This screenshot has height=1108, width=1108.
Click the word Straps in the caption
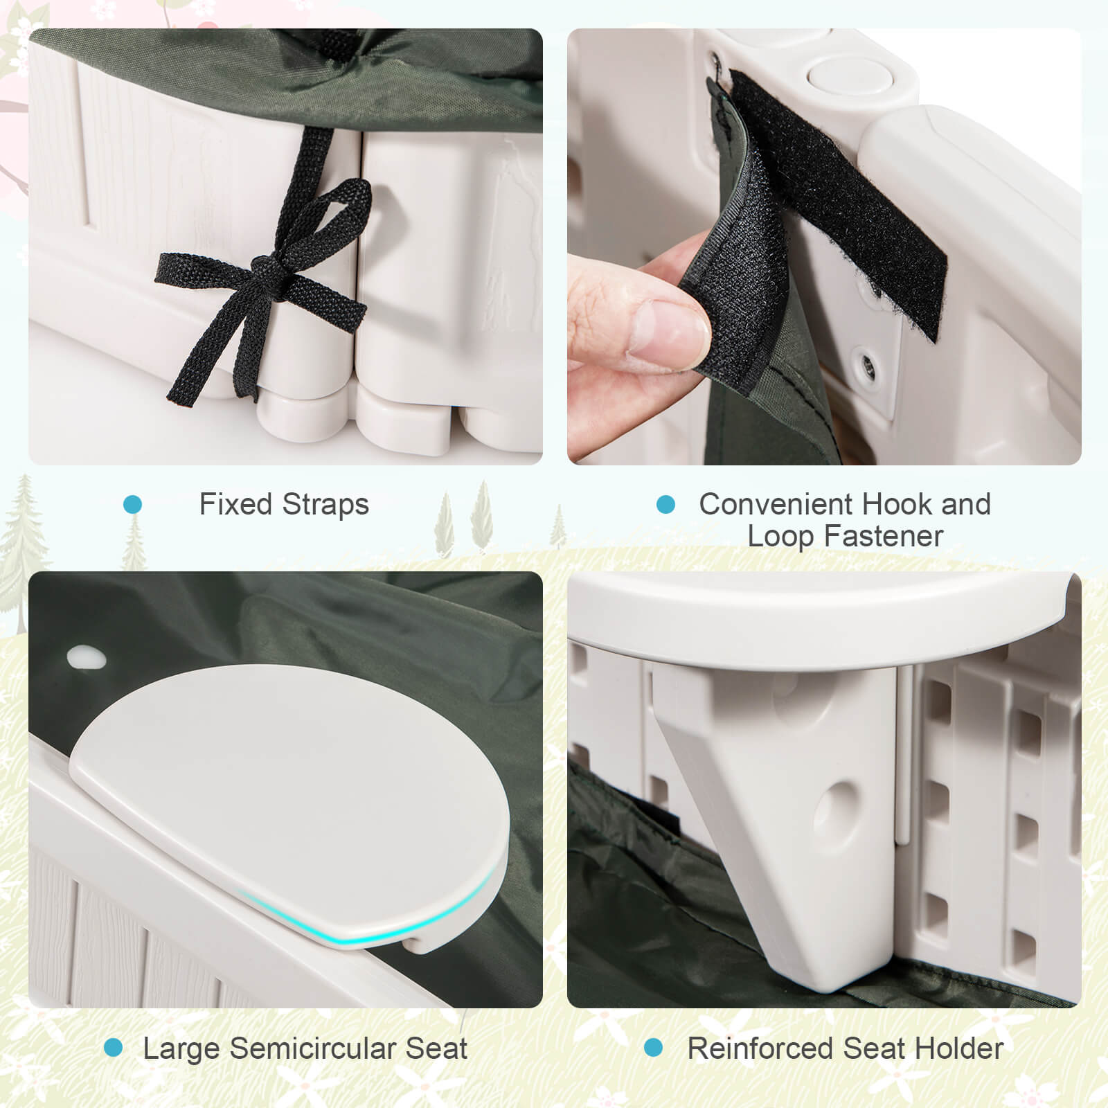326,505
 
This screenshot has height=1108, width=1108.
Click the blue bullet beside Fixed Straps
132,505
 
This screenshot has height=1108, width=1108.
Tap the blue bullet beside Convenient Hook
665,505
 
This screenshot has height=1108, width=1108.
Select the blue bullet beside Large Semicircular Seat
113,1048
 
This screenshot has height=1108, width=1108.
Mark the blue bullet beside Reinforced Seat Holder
652,1048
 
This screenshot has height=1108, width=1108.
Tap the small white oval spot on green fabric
86,657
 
